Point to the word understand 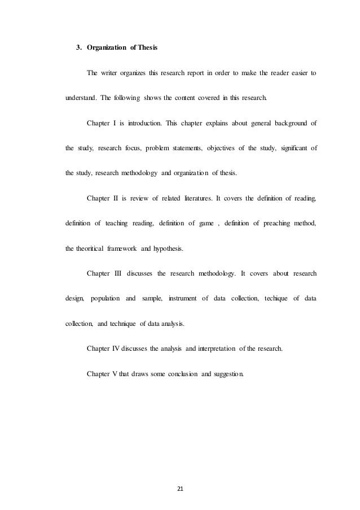82,98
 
